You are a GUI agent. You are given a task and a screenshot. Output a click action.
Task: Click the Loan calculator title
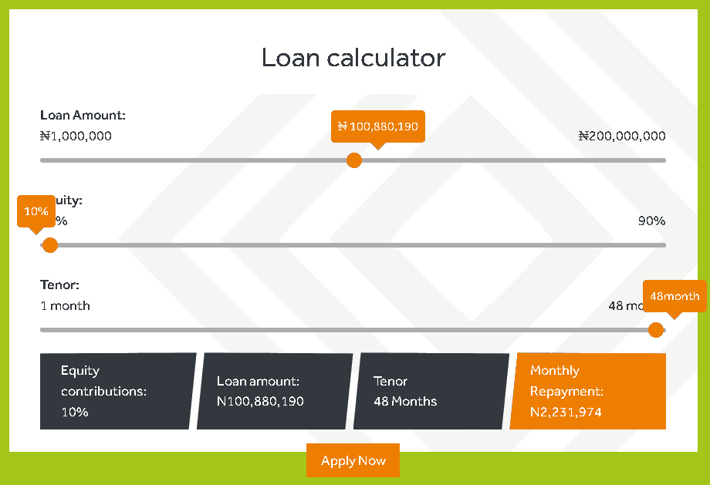[x=353, y=58]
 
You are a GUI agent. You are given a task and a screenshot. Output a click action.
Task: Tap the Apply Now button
[x=353, y=460]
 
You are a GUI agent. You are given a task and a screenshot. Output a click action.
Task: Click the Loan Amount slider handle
[x=354, y=160]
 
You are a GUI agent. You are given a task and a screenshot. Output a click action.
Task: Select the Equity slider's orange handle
[x=50, y=245]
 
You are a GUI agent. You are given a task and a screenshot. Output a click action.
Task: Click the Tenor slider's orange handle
[x=656, y=330]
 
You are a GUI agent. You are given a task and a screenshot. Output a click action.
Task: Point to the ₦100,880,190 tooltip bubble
[x=377, y=126]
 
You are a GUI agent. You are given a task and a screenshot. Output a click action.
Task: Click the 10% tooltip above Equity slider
[x=36, y=211]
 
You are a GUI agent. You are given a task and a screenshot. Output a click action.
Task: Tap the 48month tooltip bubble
[x=674, y=296]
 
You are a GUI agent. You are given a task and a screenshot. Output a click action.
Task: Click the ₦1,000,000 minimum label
[x=76, y=136]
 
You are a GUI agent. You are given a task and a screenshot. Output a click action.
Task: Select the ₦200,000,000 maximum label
[x=622, y=136]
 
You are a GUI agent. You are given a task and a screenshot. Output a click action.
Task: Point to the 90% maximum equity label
[x=651, y=221]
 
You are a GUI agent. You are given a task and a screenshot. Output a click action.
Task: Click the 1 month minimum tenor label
[x=65, y=306]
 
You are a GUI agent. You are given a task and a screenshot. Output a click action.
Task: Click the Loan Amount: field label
[x=83, y=116]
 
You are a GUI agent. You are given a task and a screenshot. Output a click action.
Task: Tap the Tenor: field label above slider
[x=60, y=285]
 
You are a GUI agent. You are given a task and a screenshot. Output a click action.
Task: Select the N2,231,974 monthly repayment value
[x=566, y=413]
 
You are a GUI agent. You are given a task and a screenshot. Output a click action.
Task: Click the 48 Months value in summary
[x=405, y=402]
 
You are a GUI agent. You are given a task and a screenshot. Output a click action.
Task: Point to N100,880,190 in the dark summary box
[x=260, y=402]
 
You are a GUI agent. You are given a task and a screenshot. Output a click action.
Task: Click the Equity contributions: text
[x=103, y=381]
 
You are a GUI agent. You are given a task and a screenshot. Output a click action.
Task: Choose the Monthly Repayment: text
[x=566, y=381]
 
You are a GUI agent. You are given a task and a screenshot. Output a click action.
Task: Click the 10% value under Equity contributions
[x=75, y=413]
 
